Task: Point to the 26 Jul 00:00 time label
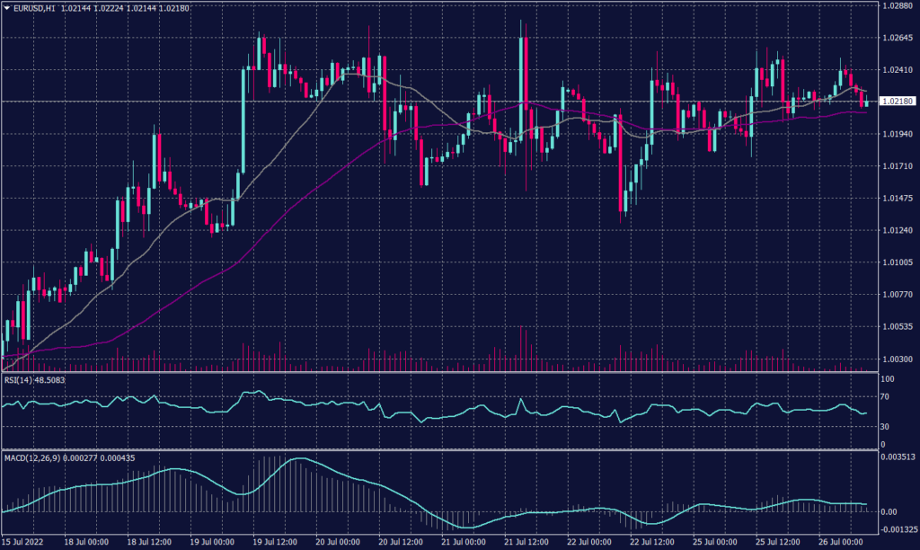841,543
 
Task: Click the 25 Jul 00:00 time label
713,543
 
